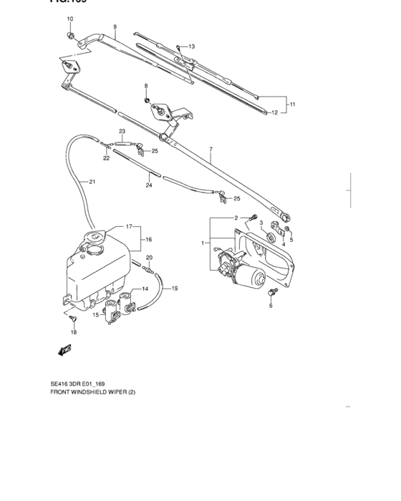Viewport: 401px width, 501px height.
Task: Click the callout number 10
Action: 70,18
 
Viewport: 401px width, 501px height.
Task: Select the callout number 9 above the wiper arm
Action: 114,27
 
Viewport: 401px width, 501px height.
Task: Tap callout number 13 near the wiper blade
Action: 191,47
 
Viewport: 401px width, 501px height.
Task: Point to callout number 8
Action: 146,86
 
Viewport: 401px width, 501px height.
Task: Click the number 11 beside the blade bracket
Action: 292,104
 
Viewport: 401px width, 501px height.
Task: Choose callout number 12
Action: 275,112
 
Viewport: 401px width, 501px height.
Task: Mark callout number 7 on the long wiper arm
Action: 211,149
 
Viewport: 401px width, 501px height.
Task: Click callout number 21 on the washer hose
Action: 92,182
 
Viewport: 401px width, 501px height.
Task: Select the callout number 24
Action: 149,185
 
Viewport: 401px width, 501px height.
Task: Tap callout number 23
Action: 122,131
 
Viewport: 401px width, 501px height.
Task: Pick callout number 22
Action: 106,158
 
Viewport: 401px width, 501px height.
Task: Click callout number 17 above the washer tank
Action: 129,226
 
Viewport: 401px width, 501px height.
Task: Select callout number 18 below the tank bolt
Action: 73,333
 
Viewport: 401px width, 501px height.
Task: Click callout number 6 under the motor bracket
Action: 271,306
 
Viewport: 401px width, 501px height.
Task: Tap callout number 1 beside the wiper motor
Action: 204,243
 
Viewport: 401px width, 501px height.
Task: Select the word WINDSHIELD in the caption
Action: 104,393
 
